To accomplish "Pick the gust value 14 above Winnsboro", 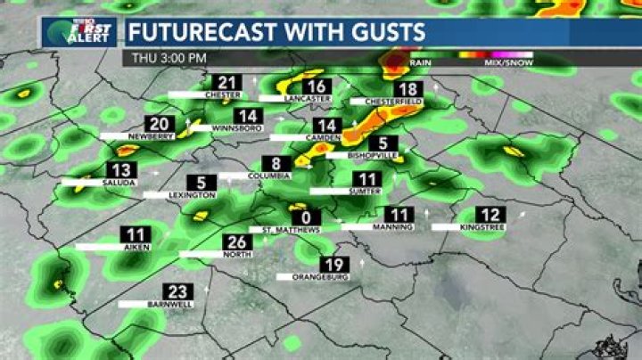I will pyautogui.click(x=249, y=116).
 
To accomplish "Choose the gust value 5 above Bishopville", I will pyautogui.click(x=383, y=143).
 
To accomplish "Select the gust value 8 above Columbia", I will pyautogui.click(x=276, y=163).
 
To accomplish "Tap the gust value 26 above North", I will pyautogui.click(x=236, y=242).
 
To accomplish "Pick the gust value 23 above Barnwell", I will pyautogui.click(x=176, y=291).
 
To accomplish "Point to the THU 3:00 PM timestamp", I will pyautogui.click(x=169, y=58).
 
